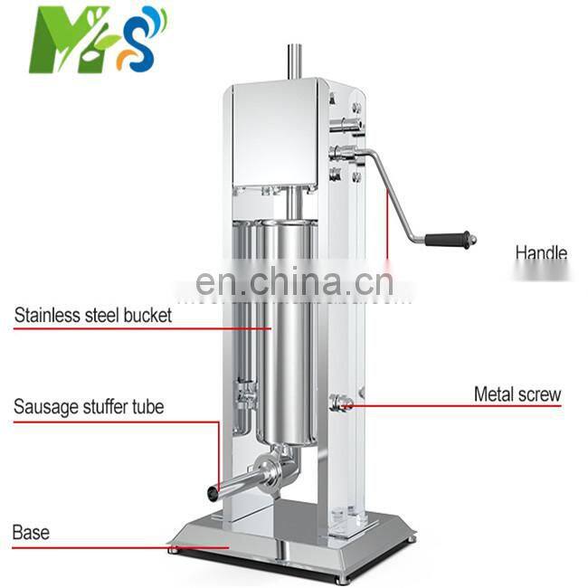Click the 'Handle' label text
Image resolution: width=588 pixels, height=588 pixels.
pos(541,252)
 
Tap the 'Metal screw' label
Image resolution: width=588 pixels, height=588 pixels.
pos(517,394)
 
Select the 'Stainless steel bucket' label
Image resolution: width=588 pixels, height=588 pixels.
pos(92,316)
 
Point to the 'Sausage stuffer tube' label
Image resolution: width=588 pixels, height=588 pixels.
pos(89,406)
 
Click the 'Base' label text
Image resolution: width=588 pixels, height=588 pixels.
pos(31,532)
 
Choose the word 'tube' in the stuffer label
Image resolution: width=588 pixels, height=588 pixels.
pos(147,406)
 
